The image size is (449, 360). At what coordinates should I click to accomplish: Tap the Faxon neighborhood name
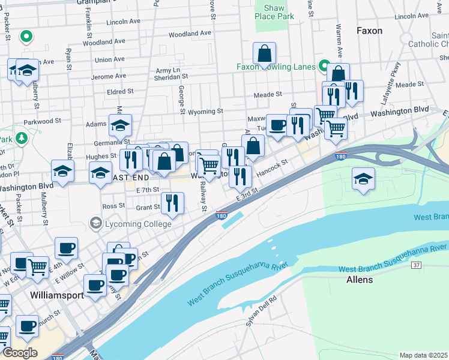[x=369, y=31]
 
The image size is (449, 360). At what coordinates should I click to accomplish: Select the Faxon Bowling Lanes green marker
[x=325, y=65]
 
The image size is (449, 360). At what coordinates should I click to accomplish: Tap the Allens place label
[x=360, y=280]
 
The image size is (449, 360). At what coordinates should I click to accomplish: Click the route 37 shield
[x=417, y=265]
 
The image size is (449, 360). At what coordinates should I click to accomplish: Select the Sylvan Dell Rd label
[x=261, y=311]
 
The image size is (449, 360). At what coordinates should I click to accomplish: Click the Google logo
[x=20, y=353]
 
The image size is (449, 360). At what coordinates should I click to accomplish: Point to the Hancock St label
[x=273, y=167]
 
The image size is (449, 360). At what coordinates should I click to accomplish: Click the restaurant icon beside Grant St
[x=173, y=203]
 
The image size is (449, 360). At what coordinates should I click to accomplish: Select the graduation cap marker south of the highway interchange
[x=363, y=179]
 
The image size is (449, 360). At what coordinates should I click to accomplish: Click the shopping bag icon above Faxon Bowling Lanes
[x=264, y=54]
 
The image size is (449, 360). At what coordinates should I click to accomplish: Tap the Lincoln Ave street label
[x=122, y=22]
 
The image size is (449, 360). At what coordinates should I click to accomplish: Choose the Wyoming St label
[x=205, y=112]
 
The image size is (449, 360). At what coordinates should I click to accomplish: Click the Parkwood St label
[x=43, y=121]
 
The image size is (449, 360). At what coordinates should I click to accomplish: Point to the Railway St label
[x=203, y=197]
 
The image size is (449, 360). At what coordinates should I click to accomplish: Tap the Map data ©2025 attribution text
[x=423, y=355]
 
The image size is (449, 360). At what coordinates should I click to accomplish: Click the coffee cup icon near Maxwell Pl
[x=277, y=125]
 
